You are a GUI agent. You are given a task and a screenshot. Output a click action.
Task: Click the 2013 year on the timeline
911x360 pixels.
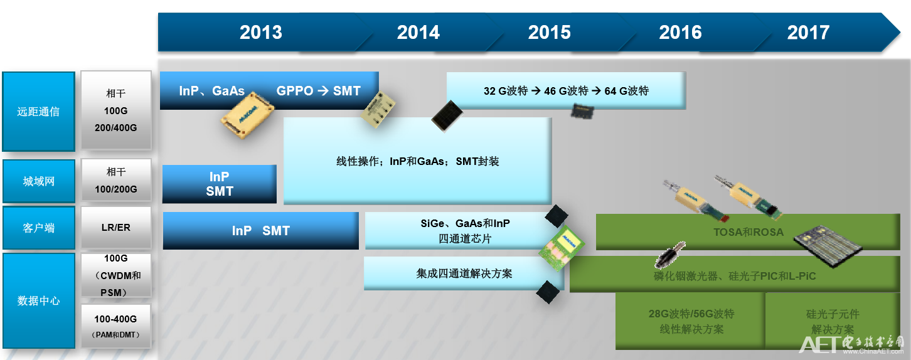pyautogui.click(x=261, y=33)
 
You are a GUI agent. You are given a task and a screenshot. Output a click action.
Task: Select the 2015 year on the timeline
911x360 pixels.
pyautogui.click(x=550, y=33)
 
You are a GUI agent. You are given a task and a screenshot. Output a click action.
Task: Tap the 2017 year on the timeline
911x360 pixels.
pyautogui.click(x=808, y=33)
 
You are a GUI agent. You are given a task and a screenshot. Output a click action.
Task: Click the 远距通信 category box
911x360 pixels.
pyautogui.click(x=38, y=112)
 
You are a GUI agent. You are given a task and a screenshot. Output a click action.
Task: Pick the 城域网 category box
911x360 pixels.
pyautogui.click(x=38, y=181)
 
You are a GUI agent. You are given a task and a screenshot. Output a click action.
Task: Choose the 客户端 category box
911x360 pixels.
pyautogui.click(x=38, y=228)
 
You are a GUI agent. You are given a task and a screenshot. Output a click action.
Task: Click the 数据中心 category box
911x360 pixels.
pyautogui.click(x=38, y=300)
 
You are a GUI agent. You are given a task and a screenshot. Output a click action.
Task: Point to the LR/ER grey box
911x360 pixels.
pyautogui.click(x=116, y=228)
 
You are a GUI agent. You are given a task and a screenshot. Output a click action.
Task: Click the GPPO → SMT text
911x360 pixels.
pyautogui.click(x=319, y=91)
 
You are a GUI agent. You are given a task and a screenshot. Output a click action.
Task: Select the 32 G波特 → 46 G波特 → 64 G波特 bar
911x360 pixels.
pyautogui.click(x=566, y=90)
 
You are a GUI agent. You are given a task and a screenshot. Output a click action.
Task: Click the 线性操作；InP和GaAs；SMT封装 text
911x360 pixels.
pyautogui.click(x=418, y=161)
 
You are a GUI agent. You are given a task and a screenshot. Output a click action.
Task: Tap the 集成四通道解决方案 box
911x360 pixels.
pyautogui.click(x=464, y=273)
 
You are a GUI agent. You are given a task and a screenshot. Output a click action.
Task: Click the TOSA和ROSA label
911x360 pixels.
pyautogui.click(x=749, y=232)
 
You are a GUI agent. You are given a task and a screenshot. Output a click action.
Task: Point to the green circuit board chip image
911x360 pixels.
pyautogui.click(x=562, y=246)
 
